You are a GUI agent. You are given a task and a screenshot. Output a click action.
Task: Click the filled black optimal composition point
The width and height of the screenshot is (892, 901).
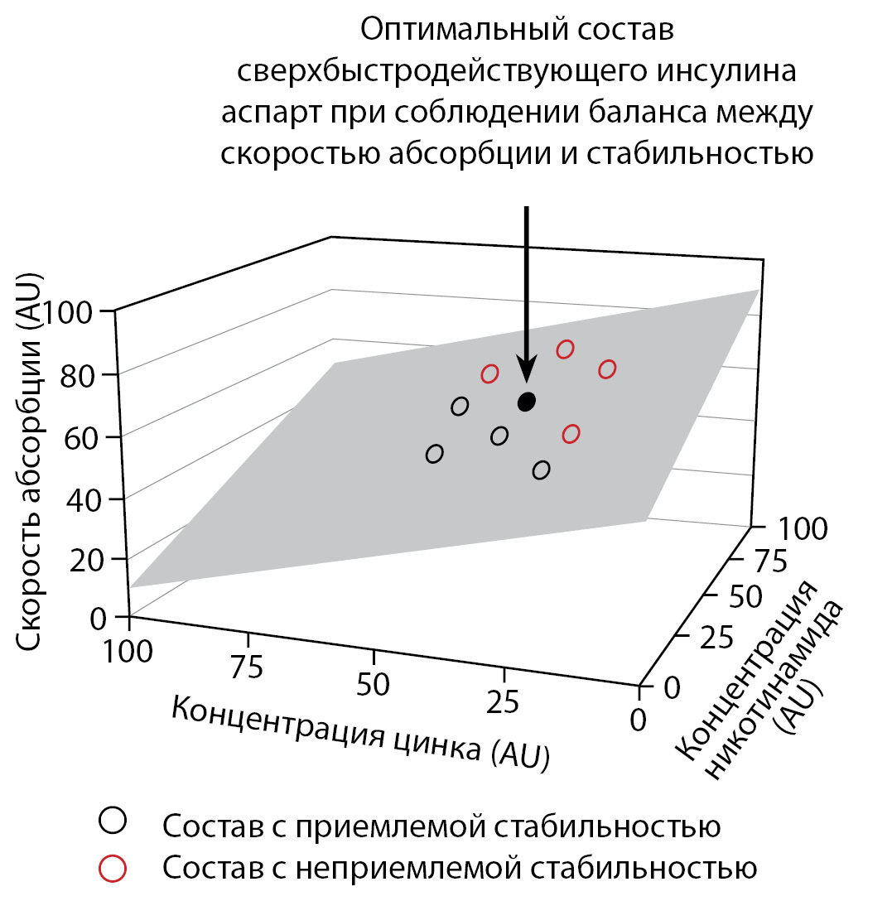[527, 402]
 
